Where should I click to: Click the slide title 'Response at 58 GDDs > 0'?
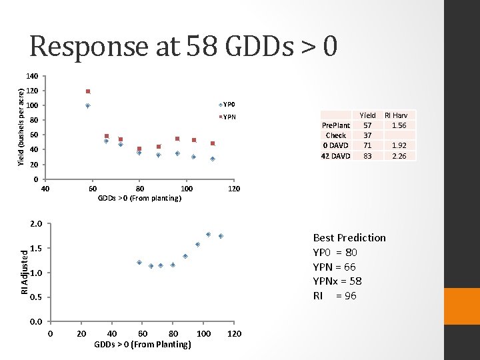[183, 46]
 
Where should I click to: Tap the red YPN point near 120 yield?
[88, 91]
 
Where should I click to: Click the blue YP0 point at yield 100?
[87, 105]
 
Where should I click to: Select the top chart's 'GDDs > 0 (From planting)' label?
[139, 198]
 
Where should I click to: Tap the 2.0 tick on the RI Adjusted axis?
[36, 224]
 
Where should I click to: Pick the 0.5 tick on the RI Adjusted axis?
[36, 297]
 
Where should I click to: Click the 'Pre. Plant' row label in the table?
[336, 125]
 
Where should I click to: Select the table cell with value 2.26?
[399, 156]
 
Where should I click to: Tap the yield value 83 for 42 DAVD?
[367, 156]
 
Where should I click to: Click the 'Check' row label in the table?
[336, 135]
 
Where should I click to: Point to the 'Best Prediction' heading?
[349, 238]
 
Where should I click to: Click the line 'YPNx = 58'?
[337, 281]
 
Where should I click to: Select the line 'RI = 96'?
[335, 296]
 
